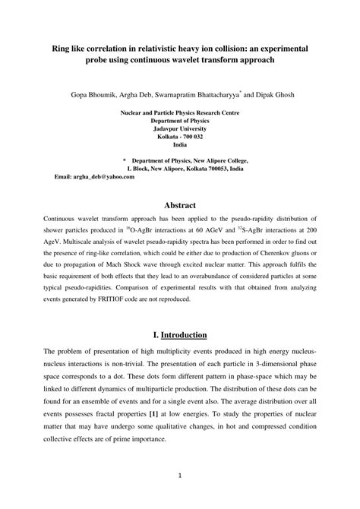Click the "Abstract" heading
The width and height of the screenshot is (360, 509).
pos(180,205)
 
